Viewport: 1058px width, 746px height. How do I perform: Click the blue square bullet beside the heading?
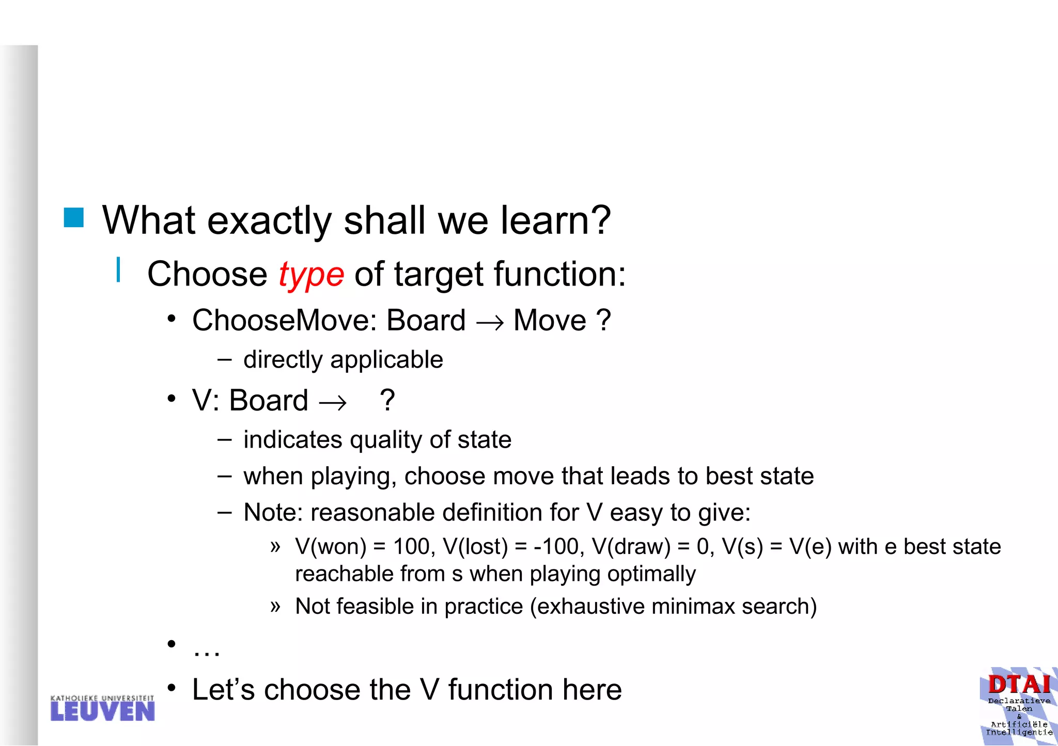point(74,218)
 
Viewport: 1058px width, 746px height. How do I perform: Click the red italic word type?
point(311,275)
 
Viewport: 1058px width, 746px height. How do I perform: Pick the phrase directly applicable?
point(343,359)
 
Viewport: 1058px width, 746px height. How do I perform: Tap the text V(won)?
point(331,547)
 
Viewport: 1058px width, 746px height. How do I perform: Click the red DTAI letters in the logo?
point(1019,685)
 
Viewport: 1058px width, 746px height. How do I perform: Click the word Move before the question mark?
point(550,321)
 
